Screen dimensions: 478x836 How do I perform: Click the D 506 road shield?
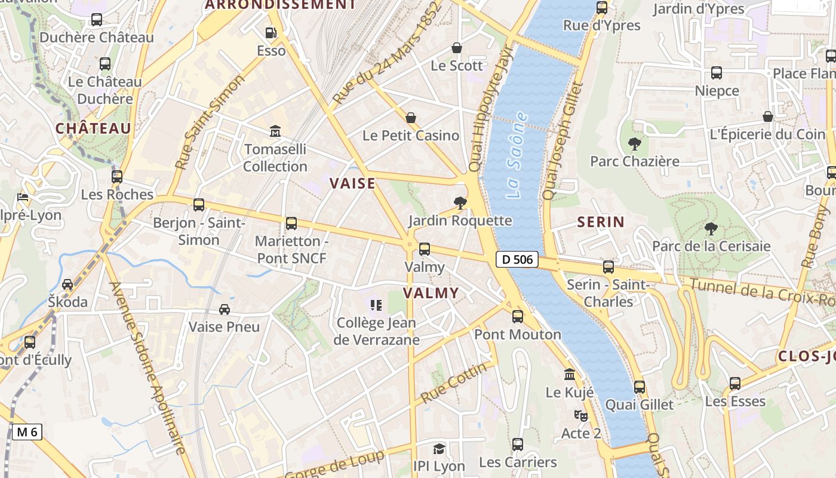(x=517, y=259)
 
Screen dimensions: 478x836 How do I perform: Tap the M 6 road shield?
(x=27, y=431)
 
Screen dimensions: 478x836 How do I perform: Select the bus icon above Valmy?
(x=425, y=249)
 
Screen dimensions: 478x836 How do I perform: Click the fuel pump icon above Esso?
(x=271, y=33)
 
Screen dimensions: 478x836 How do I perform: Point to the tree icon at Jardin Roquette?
(x=460, y=204)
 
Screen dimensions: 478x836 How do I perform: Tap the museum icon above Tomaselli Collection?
(x=275, y=131)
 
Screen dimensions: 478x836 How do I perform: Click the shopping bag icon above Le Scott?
(x=457, y=48)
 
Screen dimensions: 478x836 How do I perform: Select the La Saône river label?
(x=516, y=155)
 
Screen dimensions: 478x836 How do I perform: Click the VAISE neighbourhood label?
(x=353, y=183)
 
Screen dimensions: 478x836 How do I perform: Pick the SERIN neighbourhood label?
(x=601, y=222)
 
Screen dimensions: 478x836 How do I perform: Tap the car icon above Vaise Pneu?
(x=225, y=309)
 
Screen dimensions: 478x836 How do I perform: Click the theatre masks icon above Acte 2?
(x=580, y=415)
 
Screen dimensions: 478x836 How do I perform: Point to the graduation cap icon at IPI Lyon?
(x=439, y=449)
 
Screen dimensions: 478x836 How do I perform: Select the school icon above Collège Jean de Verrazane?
(x=376, y=306)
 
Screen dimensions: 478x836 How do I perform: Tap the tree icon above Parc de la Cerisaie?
(x=711, y=228)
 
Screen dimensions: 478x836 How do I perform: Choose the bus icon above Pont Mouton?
(x=518, y=317)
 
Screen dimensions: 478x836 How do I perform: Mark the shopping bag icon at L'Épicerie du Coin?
(x=768, y=117)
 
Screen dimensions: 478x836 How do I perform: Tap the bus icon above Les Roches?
(x=117, y=177)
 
